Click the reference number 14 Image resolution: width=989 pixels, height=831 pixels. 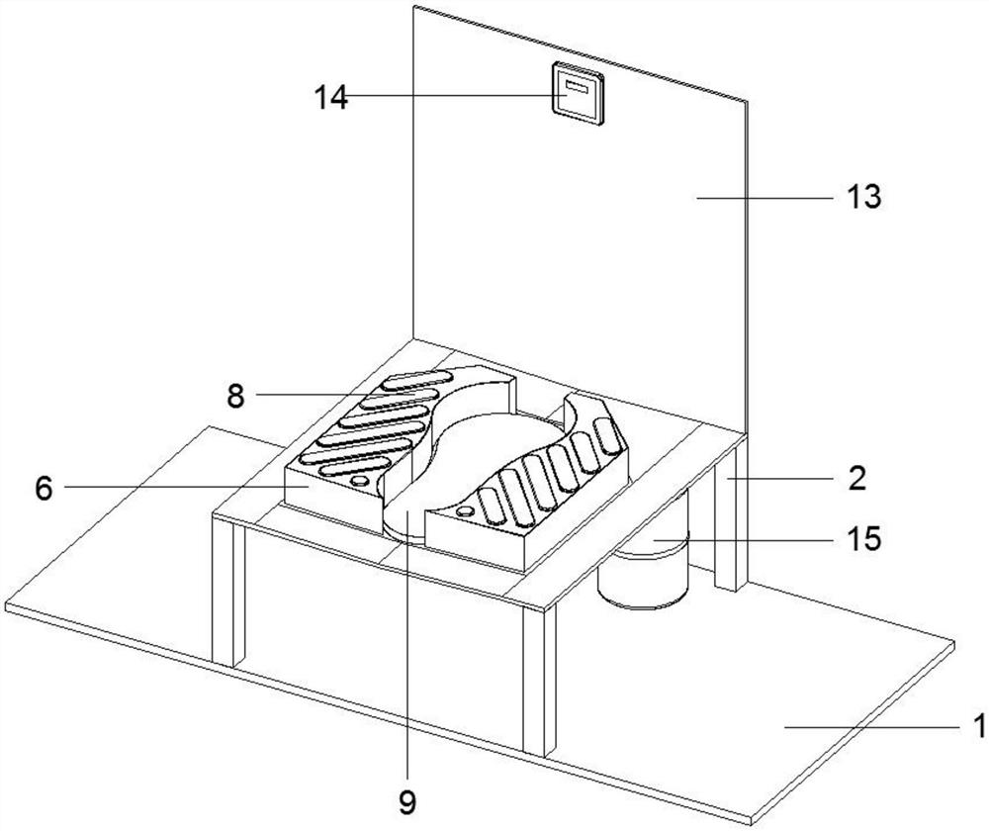tap(331, 98)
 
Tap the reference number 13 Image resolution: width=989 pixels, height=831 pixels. tap(863, 197)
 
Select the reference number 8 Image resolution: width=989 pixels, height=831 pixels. tap(235, 397)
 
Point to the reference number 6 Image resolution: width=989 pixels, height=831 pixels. tap(43, 488)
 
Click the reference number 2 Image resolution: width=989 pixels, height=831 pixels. tap(856, 478)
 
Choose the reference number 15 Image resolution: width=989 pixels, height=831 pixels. tap(864, 539)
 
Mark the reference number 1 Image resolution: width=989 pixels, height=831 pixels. tap(978, 725)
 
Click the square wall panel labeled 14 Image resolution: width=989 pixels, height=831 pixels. tap(579, 94)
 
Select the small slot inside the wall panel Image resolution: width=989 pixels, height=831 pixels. tap(578, 86)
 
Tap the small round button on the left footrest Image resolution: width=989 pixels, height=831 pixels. tap(360, 481)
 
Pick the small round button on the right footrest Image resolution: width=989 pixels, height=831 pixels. tap(466, 510)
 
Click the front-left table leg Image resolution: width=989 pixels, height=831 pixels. tap(228, 593)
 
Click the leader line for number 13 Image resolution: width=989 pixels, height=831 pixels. tap(764, 198)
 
